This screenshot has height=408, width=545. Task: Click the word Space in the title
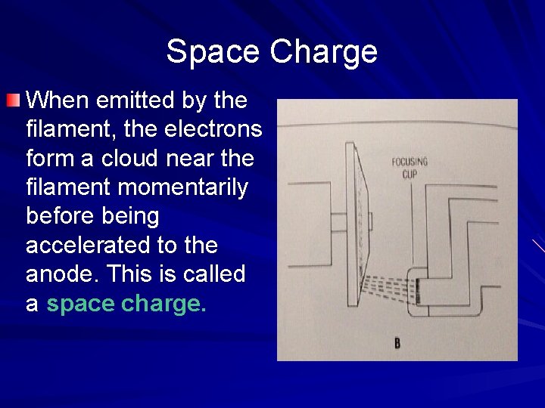click(x=213, y=52)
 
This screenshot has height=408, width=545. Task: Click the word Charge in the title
click(x=323, y=52)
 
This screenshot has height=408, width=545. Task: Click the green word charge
click(x=163, y=304)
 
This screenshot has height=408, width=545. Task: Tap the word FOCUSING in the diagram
click(x=410, y=162)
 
